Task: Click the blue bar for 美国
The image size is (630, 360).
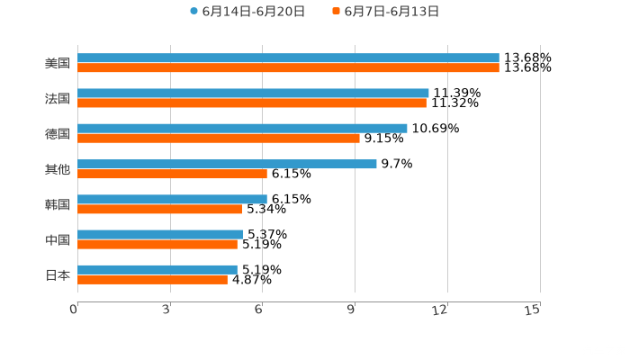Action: (288, 58)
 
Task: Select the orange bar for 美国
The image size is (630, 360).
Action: (288, 67)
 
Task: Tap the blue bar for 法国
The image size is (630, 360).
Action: (253, 93)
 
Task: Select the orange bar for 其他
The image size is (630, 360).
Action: (172, 174)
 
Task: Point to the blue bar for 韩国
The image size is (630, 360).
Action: (172, 199)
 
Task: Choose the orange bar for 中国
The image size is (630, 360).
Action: (157, 244)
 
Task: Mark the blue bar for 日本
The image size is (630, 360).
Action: (157, 269)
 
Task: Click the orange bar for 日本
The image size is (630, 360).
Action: (152, 279)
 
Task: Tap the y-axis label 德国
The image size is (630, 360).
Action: (58, 133)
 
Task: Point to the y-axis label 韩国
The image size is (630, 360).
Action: (58, 204)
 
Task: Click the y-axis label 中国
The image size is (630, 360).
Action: (58, 239)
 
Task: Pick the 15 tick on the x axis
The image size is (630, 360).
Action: (533, 310)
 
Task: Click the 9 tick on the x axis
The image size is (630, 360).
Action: (354, 310)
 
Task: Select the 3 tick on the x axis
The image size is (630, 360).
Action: (167, 310)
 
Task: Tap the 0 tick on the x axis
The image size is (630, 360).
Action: (75, 310)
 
